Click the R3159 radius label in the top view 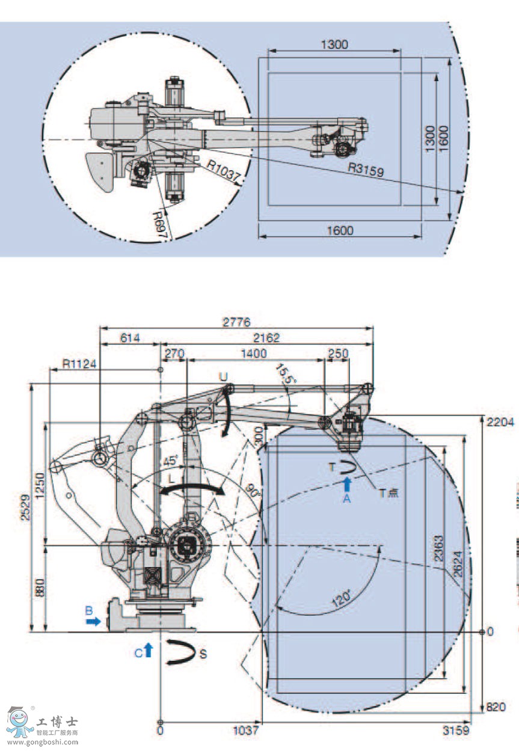[366, 170]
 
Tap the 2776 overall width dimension [236, 322]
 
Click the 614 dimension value [129, 339]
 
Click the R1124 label [76, 364]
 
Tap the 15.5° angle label [284, 373]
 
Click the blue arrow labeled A [346, 485]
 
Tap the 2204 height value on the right [500, 422]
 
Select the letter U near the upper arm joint [223, 377]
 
